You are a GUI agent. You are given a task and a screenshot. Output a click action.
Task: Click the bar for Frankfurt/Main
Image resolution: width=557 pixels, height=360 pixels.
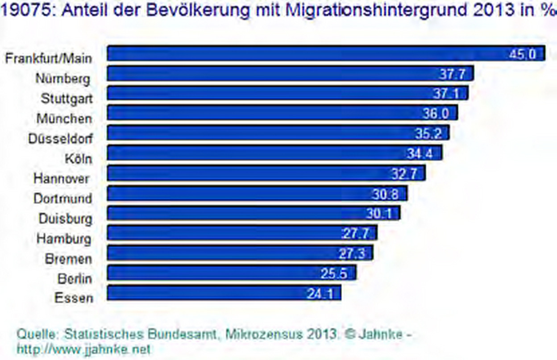[326, 54]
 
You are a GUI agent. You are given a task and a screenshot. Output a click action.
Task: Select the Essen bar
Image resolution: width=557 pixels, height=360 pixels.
[224, 293]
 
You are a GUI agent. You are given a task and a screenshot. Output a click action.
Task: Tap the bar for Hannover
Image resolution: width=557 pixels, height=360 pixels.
[266, 173]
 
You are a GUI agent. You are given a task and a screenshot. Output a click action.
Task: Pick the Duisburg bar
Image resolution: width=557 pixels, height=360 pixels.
[254, 213]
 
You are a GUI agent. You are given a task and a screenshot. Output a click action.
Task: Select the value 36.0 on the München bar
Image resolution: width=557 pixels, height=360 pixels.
[435, 114]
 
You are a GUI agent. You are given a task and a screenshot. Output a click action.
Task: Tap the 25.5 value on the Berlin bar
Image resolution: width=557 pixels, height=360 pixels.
[334, 273]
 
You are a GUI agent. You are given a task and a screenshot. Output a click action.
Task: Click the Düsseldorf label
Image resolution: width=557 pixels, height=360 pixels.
[60, 138]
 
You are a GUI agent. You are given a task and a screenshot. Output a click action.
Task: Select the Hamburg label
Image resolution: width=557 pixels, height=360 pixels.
[64, 238]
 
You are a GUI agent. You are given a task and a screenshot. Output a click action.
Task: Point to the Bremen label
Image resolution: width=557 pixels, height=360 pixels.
[68, 258]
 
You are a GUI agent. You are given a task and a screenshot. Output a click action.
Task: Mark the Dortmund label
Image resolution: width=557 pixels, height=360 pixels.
[62, 198]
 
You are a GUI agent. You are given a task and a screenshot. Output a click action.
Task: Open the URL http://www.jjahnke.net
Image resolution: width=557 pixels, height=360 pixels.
[84, 348]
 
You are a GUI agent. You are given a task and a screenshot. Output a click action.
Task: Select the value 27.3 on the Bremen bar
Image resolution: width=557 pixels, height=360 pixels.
[352, 253]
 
